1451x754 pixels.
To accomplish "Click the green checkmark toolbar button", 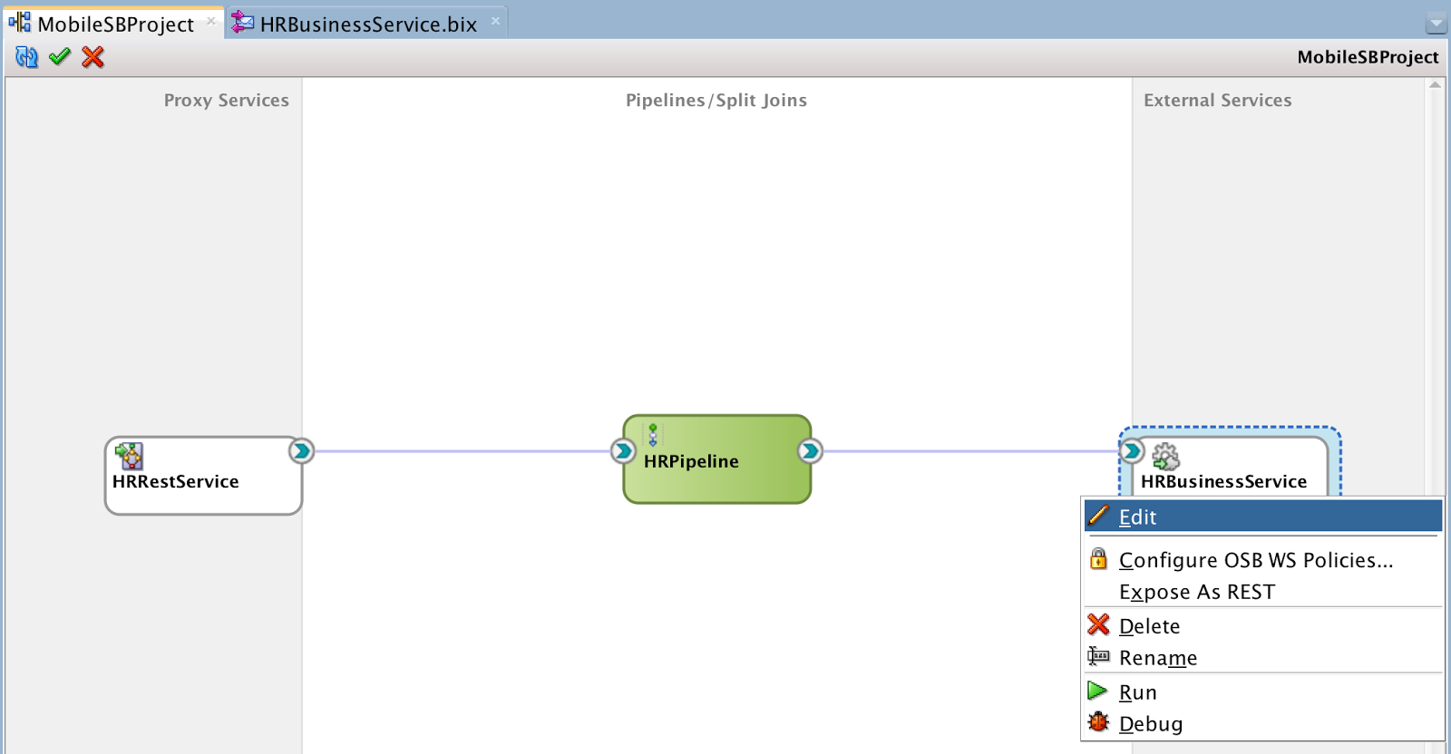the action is [x=60, y=57].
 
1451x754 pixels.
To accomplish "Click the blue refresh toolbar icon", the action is [x=26, y=57].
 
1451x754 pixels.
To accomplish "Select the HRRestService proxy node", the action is [x=203, y=476].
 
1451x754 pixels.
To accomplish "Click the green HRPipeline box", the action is [x=717, y=459].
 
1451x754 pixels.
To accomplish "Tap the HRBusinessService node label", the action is [x=1223, y=481].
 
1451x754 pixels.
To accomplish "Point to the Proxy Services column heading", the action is [x=226, y=101].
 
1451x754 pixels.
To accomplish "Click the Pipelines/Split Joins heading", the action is [x=716, y=101].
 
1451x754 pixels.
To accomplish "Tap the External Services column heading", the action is [x=1217, y=101].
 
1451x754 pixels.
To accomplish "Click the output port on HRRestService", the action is [x=301, y=451].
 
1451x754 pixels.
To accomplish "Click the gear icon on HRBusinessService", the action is [x=1166, y=456].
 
